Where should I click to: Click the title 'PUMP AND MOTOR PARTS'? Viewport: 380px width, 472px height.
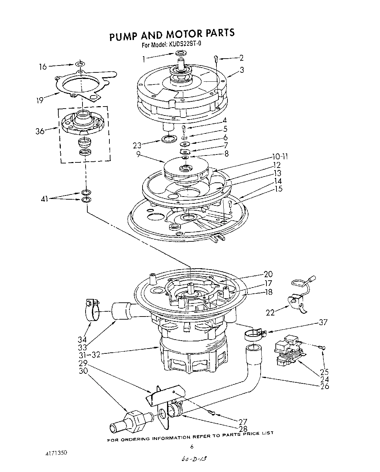click(172, 34)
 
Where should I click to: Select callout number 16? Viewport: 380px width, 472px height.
click(43, 66)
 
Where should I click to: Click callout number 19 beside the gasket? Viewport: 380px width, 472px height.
click(40, 100)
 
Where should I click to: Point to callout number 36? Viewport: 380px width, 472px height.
click(40, 131)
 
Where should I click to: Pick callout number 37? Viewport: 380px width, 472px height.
click(323, 322)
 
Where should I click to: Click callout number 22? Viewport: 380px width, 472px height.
click(271, 312)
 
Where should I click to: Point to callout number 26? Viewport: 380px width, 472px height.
click(324, 386)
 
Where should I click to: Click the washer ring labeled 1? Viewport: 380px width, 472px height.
click(181, 53)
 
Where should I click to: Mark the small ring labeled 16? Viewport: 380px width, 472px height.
click(80, 64)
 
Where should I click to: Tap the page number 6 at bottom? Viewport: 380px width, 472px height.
click(192, 446)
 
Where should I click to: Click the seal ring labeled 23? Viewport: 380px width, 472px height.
click(168, 139)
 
